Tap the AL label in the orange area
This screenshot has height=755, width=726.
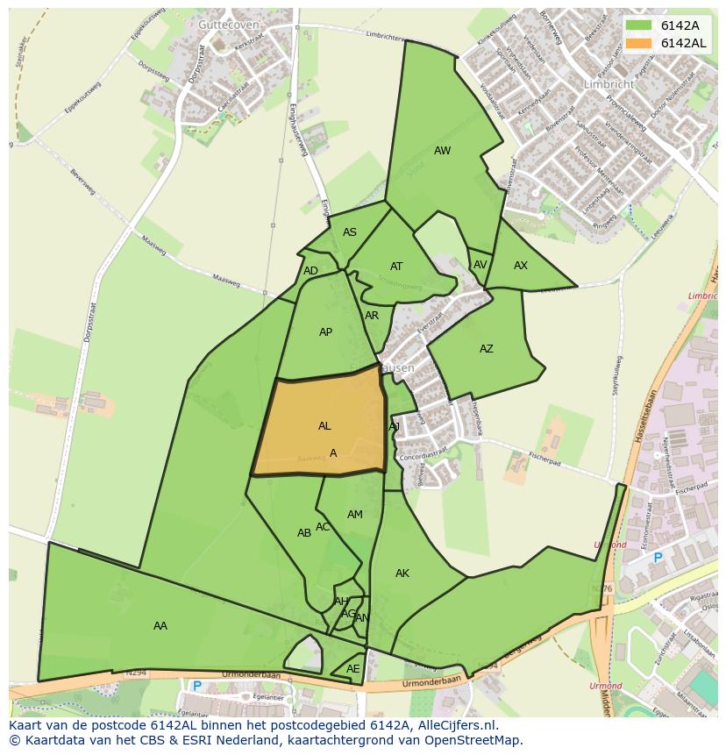pos(324,426)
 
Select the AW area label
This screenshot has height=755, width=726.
pos(442,151)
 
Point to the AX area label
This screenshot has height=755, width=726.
pos(521,266)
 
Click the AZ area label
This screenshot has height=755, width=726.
pos(486,349)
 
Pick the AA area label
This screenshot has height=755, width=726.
pos(160,626)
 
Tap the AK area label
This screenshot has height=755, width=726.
pos(402,573)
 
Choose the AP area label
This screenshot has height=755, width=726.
pos(325,332)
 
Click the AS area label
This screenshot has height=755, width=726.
pos(349,232)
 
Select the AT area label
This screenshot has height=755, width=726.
pos(396,267)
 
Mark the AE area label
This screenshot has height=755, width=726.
pos(352,669)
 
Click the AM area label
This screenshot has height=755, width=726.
pos(354,515)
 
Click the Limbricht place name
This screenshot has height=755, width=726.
pos(608,84)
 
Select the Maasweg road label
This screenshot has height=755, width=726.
pos(226,279)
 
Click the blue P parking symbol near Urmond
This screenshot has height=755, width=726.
pos(658,558)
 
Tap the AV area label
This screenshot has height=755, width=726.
pos(480,265)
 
